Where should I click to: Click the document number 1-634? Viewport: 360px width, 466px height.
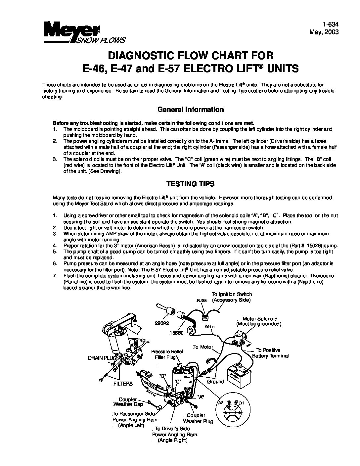331,25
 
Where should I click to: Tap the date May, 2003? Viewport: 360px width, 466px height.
324,32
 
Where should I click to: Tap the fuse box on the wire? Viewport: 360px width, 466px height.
205,319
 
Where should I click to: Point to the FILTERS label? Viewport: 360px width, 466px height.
123,384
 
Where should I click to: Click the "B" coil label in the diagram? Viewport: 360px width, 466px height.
162,376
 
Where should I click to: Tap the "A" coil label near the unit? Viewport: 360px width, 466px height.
200,396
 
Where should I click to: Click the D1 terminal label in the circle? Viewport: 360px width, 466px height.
241,403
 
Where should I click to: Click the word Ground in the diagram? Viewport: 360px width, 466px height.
215,382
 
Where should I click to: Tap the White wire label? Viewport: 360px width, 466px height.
209,326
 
